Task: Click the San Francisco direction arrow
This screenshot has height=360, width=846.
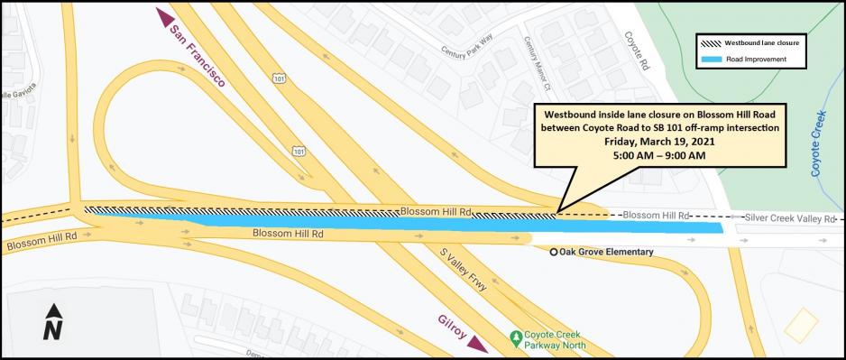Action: point(163,18)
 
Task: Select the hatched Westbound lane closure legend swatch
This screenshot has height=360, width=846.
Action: point(717,42)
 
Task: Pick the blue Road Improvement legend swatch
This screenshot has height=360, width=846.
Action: point(717,60)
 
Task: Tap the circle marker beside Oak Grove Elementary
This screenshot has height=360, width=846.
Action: point(553,252)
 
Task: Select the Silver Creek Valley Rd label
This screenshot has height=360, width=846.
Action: point(789,218)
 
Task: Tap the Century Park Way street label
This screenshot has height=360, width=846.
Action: point(465,51)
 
